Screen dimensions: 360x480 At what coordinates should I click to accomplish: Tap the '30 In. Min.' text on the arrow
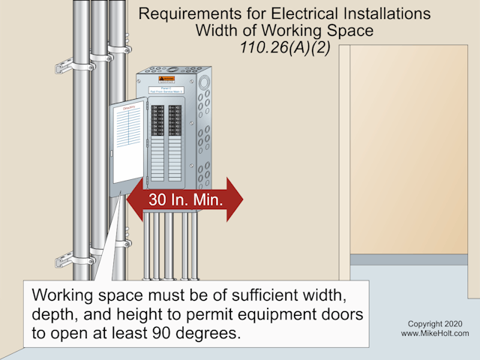pyautogui.click(x=184, y=201)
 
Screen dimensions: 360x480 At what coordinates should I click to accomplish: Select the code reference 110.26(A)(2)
pyautogui.click(x=285, y=47)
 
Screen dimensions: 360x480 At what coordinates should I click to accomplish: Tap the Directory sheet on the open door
pyautogui.click(x=126, y=142)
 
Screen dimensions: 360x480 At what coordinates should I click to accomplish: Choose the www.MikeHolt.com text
pyautogui.click(x=435, y=334)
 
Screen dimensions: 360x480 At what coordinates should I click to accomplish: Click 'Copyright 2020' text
pyautogui.click(x=435, y=324)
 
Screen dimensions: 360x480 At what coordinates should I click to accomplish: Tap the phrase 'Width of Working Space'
pyautogui.click(x=285, y=31)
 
